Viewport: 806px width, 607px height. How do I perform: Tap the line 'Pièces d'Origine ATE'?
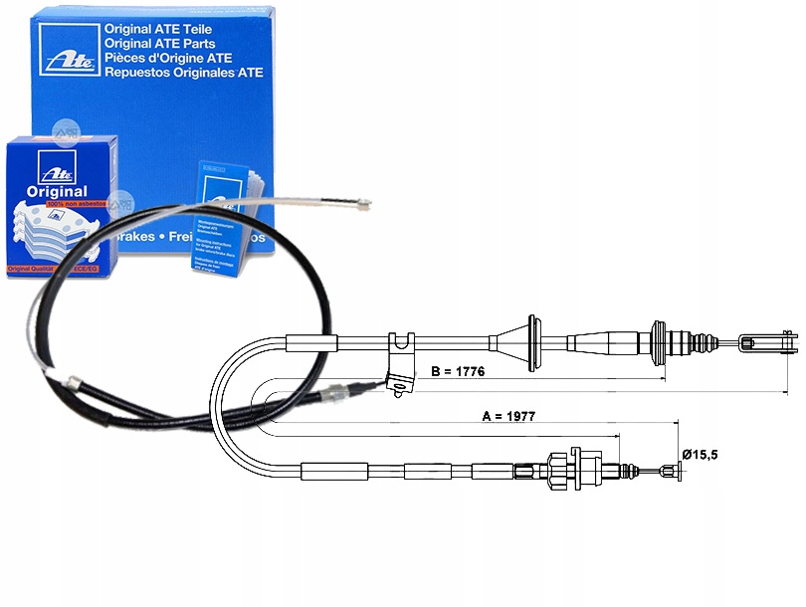pos(172,58)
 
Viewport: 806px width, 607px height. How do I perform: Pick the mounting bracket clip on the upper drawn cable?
pos(403,360)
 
